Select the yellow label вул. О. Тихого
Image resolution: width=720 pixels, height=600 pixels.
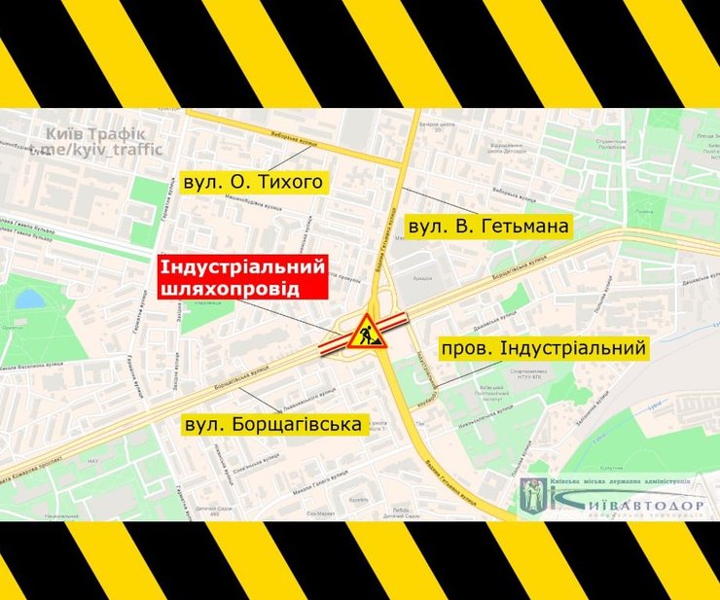point(250,182)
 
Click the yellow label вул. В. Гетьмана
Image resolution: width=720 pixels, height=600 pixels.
point(488,227)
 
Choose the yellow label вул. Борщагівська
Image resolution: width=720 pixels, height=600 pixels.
point(273,424)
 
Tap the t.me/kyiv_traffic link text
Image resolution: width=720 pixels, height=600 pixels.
point(95,150)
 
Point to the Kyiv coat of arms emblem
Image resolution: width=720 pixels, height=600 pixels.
point(534,493)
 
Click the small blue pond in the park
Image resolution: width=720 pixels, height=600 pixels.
point(30,298)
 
